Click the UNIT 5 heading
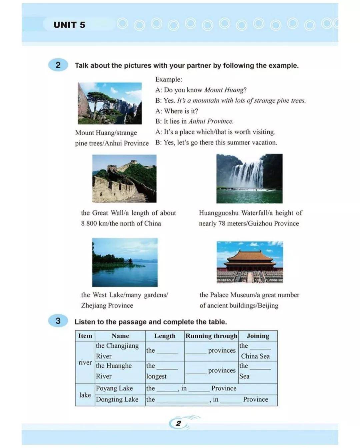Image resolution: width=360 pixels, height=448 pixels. (69, 25)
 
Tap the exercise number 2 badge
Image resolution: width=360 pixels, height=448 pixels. (58, 65)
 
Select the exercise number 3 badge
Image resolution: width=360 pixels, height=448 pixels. (58, 321)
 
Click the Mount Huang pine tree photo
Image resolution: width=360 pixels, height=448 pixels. (110, 103)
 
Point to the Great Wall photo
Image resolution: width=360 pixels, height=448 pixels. (124, 179)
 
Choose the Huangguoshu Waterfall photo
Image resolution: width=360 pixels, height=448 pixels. (249, 179)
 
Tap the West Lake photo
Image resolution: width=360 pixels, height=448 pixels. (125, 262)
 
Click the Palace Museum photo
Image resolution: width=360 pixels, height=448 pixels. (250, 262)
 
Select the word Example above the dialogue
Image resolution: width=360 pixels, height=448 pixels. (168, 79)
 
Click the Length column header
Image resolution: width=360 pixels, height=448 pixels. (165, 336)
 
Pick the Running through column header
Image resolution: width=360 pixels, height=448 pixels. (211, 336)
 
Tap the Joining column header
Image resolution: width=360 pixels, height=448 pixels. (258, 336)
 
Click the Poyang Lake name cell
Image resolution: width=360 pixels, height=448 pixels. (114, 388)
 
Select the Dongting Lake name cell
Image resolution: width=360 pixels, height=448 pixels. (117, 399)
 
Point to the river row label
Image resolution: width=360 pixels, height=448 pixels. (85, 362)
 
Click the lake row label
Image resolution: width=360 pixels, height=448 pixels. (85, 395)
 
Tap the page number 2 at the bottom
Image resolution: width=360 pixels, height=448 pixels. (179, 423)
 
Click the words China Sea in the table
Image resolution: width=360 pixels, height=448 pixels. (255, 356)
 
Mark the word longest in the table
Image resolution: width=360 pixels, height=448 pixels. (156, 376)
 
